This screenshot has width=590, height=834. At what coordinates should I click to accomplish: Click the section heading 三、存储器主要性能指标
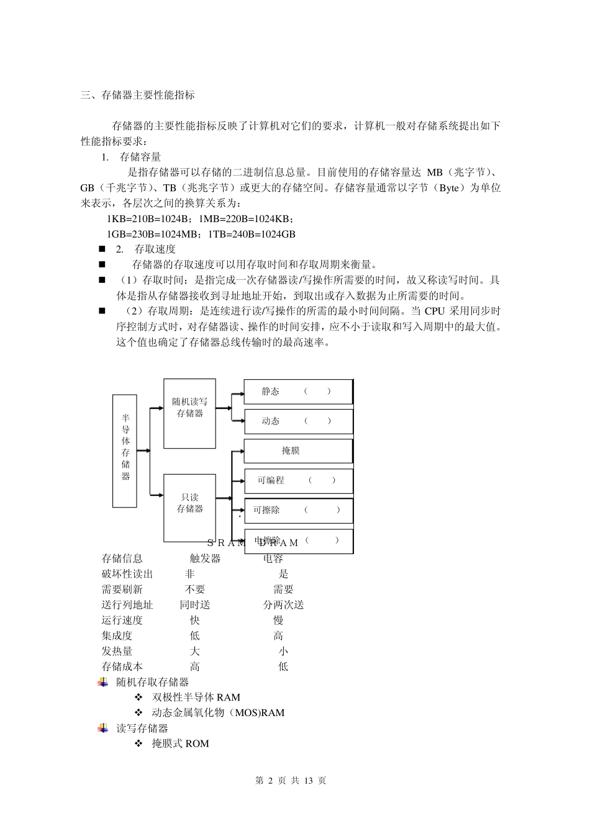pos(138,95)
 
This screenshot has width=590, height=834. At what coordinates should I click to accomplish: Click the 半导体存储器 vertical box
pos(125,451)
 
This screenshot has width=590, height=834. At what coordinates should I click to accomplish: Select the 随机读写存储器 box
pos(189,413)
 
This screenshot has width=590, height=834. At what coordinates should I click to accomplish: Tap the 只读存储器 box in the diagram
pos(189,507)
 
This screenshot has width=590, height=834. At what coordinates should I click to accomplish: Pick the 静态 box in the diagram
pos(298,392)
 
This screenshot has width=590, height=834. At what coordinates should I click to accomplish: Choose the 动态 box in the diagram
pos(298,421)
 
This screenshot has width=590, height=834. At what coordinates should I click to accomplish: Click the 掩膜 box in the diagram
pos(298,451)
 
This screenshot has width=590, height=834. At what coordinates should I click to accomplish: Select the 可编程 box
pos(298,481)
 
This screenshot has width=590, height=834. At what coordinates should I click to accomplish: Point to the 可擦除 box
pos(298,511)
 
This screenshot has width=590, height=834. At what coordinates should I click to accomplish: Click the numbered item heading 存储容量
pos(140,158)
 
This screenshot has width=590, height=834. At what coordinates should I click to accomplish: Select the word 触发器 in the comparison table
pos(205,558)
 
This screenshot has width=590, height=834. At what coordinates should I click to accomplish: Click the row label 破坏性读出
pos(127,574)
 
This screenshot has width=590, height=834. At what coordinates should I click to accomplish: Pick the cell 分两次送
pos(283,605)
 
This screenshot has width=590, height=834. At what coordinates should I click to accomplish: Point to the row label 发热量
pos(117,652)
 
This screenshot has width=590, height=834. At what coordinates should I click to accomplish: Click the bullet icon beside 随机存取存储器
pos(103,683)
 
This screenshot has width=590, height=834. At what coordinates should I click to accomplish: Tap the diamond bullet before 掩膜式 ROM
pos(138,743)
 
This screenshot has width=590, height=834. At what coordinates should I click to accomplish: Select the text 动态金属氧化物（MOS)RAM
pos(218,713)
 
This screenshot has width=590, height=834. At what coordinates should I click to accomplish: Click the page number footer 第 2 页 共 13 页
pos(291,781)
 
